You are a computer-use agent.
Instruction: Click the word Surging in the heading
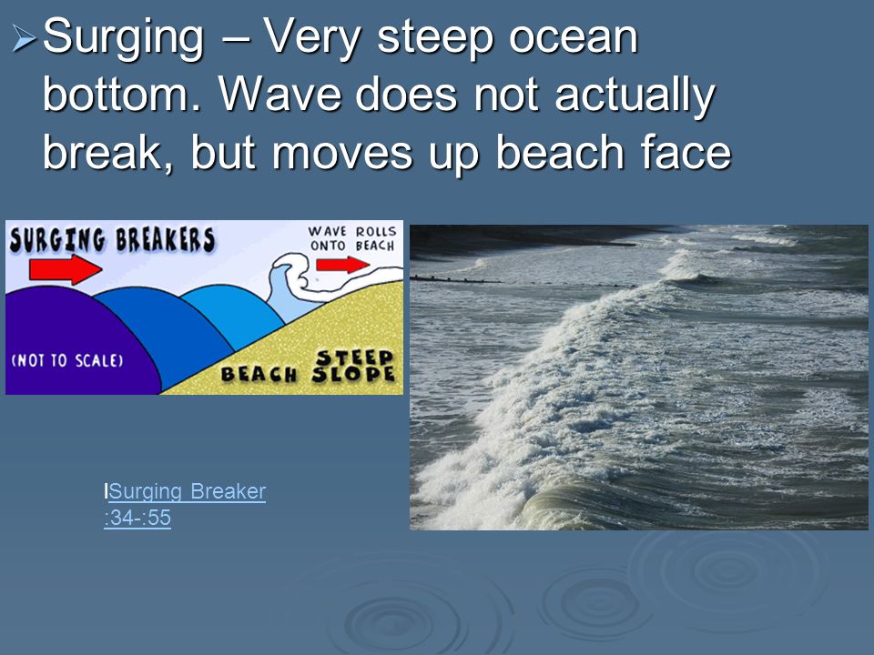coord(123,38)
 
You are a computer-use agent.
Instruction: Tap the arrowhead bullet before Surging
coord(24,38)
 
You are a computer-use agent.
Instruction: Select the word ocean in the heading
coord(574,37)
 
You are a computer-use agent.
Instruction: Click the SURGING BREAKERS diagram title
coord(112,240)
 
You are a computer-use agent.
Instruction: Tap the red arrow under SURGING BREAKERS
coord(66,269)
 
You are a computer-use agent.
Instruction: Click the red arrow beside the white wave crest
coord(342,264)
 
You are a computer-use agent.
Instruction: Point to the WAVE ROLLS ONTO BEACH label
coord(353,238)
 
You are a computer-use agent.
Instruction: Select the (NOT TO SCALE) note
coord(66,360)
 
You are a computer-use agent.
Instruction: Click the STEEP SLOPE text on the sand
coord(354,366)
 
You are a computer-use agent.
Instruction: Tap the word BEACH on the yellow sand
coord(259,374)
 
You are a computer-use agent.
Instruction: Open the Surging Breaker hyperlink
coord(187,491)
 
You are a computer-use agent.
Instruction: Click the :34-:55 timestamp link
coord(137,518)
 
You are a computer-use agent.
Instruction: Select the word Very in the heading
coord(312,38)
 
